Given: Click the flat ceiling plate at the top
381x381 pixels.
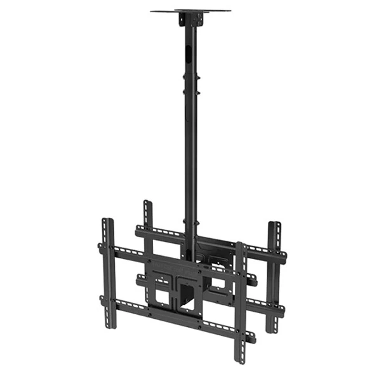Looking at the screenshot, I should (190, 11).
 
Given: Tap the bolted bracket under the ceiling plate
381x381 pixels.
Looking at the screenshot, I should (190, 20).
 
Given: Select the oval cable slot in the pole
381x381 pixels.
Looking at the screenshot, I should (190, 51).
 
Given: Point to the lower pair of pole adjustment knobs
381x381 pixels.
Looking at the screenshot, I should (190, 224).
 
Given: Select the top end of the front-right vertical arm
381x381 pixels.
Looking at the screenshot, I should (241, 245).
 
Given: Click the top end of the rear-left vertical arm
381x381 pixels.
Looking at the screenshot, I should (147, 204).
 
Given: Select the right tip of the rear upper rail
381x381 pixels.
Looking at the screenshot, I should (283, 254).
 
